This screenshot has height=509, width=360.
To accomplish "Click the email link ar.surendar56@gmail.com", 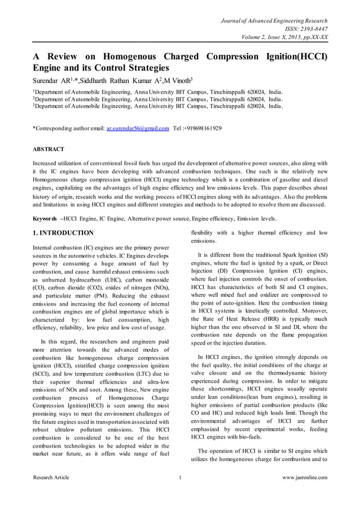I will click(138, 128).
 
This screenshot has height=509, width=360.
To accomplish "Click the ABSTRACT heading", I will click(49, 149).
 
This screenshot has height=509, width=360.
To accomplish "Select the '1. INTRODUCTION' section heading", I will click(63, 232).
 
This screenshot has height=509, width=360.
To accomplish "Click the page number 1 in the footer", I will click(179, 477).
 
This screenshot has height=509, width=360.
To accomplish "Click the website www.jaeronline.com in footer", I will click(304, 477).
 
